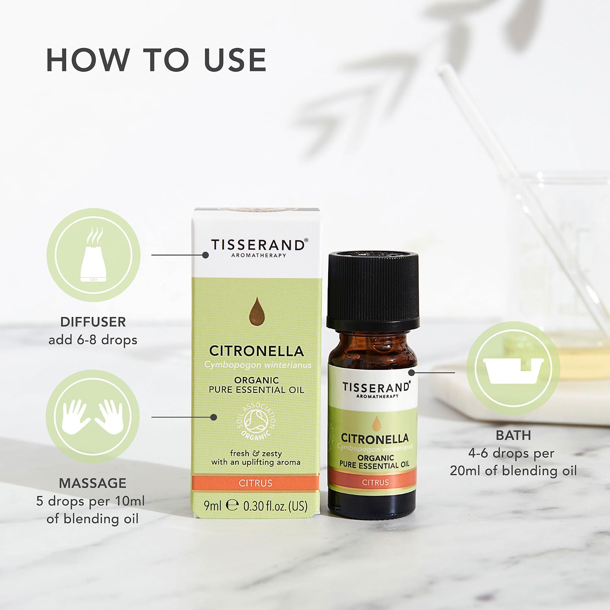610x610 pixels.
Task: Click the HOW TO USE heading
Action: [156, 60]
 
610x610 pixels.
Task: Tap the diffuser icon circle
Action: [94, 255]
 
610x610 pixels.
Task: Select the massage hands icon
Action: [93, 417]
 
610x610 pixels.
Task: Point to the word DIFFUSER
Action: [93, 322]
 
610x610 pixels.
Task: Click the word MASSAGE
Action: [93, 483]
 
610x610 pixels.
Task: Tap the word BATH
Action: [513, 435]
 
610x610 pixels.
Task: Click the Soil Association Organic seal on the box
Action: [256, 421]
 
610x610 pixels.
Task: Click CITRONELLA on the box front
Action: [257, 351]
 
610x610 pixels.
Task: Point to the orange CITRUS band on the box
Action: [256, 483]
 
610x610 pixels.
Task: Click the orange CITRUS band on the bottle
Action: [375, 482]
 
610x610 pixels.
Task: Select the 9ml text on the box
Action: [212, 505]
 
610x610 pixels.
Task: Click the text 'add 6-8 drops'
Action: [93, 340]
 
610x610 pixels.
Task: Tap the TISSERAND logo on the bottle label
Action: [376, 390]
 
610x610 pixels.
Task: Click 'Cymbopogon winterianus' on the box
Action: [258, 365]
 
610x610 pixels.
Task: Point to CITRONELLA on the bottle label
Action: [375, 438]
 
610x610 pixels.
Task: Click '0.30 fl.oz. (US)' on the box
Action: [275, 506]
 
